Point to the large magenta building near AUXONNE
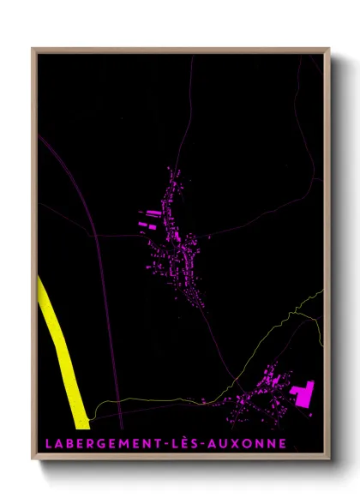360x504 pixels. pyautogui.click(x=300, y=395)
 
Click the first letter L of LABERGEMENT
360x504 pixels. pyautogui.click(x=45, y=444)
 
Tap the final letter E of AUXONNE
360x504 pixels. pyautogui.click(x=284, y=444)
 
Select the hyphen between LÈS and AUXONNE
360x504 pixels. pyautogui.click(x=212, y=444)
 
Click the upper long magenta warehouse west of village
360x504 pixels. pyautogui.click(x=148, y=213)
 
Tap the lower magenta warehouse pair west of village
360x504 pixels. pyautogui.click(x=146, y=226)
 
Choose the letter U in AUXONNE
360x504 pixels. pyautogui.click(x=231, y=444)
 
